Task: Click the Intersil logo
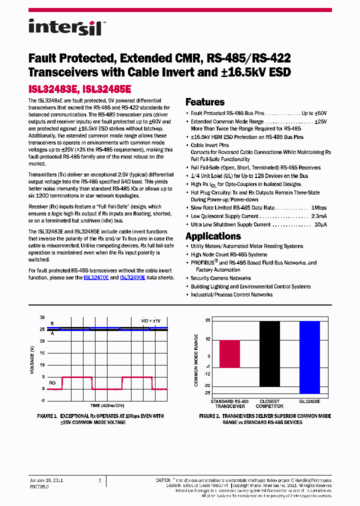point(65,27)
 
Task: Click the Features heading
point(205,102)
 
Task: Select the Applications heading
point(213,236)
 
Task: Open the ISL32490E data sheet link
point(132,277)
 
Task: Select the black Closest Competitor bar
point(269,353)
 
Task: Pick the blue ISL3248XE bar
point(309,357)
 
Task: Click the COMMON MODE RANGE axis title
point(196,360)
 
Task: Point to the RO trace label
point(52,382)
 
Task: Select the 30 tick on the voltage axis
point(42,317)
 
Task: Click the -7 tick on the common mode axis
point(207,366)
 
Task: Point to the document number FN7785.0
point(39,486)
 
